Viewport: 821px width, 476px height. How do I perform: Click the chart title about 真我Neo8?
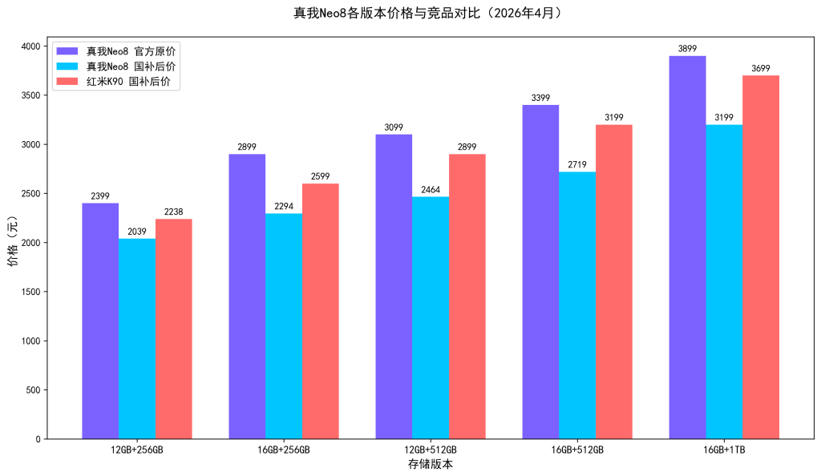tap(410, 13)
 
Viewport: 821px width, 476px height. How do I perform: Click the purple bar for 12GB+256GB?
tap(100, 321)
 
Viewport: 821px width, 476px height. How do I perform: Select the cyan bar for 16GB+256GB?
tap(284, 326)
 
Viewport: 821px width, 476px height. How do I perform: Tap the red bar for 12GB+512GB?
tap(467, 296)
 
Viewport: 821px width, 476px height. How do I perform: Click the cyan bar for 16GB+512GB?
tap(577, 305)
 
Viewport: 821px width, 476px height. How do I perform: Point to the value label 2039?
tap(137, 232)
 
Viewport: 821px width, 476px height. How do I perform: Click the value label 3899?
tap(687, 49)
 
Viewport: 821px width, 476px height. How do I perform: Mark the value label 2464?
tap(431, 190)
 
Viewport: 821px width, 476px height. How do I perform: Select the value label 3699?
tap(761, 68)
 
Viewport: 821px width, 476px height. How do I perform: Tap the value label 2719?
tap(577, 165)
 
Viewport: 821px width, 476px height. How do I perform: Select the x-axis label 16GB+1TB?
tap(724, 450)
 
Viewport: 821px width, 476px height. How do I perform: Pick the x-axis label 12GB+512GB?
tap(431, 450)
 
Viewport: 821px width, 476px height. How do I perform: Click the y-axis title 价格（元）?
tap(12, 243)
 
